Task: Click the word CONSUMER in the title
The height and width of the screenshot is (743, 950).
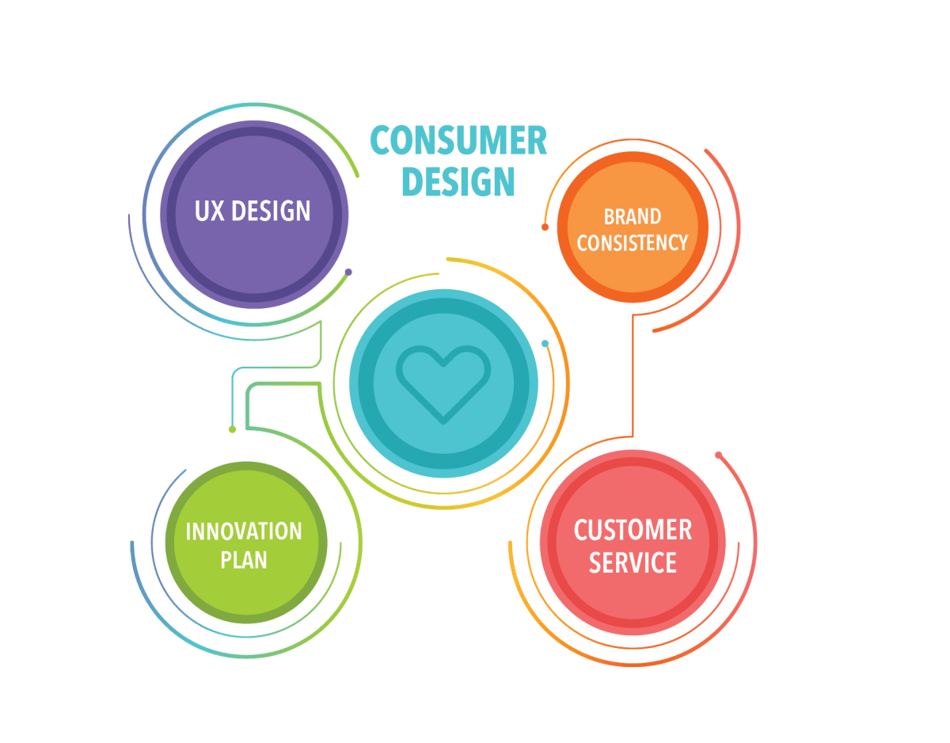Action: (458, 140)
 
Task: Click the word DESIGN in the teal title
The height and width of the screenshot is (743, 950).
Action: (458, 181)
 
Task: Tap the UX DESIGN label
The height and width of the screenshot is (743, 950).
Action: (253, 211)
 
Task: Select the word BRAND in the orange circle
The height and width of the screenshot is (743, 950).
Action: (633, 217)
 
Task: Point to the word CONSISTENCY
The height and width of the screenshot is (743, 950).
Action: (633, 242)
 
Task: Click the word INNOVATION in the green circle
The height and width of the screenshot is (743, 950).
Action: (244, 532)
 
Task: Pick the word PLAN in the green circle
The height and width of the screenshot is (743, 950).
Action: (244, 560)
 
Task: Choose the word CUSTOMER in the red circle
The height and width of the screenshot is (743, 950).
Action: (633, 530)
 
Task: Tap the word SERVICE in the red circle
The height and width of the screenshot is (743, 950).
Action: (633, 562)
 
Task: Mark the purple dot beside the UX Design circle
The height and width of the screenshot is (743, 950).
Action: (348, 272)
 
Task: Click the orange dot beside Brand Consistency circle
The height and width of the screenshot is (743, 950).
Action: (545, 227)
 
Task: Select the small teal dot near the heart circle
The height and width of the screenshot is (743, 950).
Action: (545, 344)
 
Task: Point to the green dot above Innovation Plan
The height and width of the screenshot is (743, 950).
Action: (233, 429)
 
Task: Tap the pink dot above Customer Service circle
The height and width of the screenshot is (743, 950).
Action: (718, 455)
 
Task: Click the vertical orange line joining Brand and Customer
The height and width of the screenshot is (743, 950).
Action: (633, 375)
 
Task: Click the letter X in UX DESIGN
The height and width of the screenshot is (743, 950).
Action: (216, 211)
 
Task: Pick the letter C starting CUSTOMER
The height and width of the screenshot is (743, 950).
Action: (580, 530)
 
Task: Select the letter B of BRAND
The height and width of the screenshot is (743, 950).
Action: (608, 217)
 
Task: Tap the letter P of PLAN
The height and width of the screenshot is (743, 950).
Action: (226, 560)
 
